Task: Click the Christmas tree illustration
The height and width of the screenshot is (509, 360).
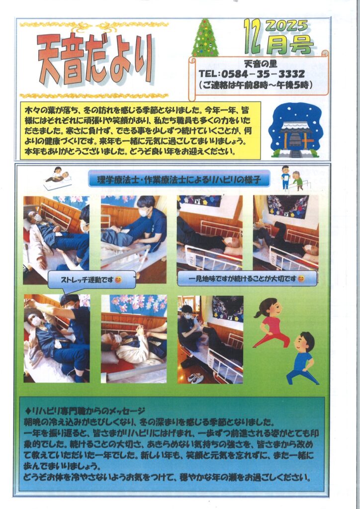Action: [x=205, y=38]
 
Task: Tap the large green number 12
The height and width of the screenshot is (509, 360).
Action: [x=253, y=36]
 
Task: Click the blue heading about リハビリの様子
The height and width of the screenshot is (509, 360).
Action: [x=179, y=179]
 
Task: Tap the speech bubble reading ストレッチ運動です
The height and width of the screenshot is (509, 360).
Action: [x=91, y=280]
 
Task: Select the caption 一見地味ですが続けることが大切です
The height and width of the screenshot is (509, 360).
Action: [x=247, y=278]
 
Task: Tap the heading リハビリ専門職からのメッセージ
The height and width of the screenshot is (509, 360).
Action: [x=85, y=411]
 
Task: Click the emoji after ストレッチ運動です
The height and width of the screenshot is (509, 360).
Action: [x=118, y=280]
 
